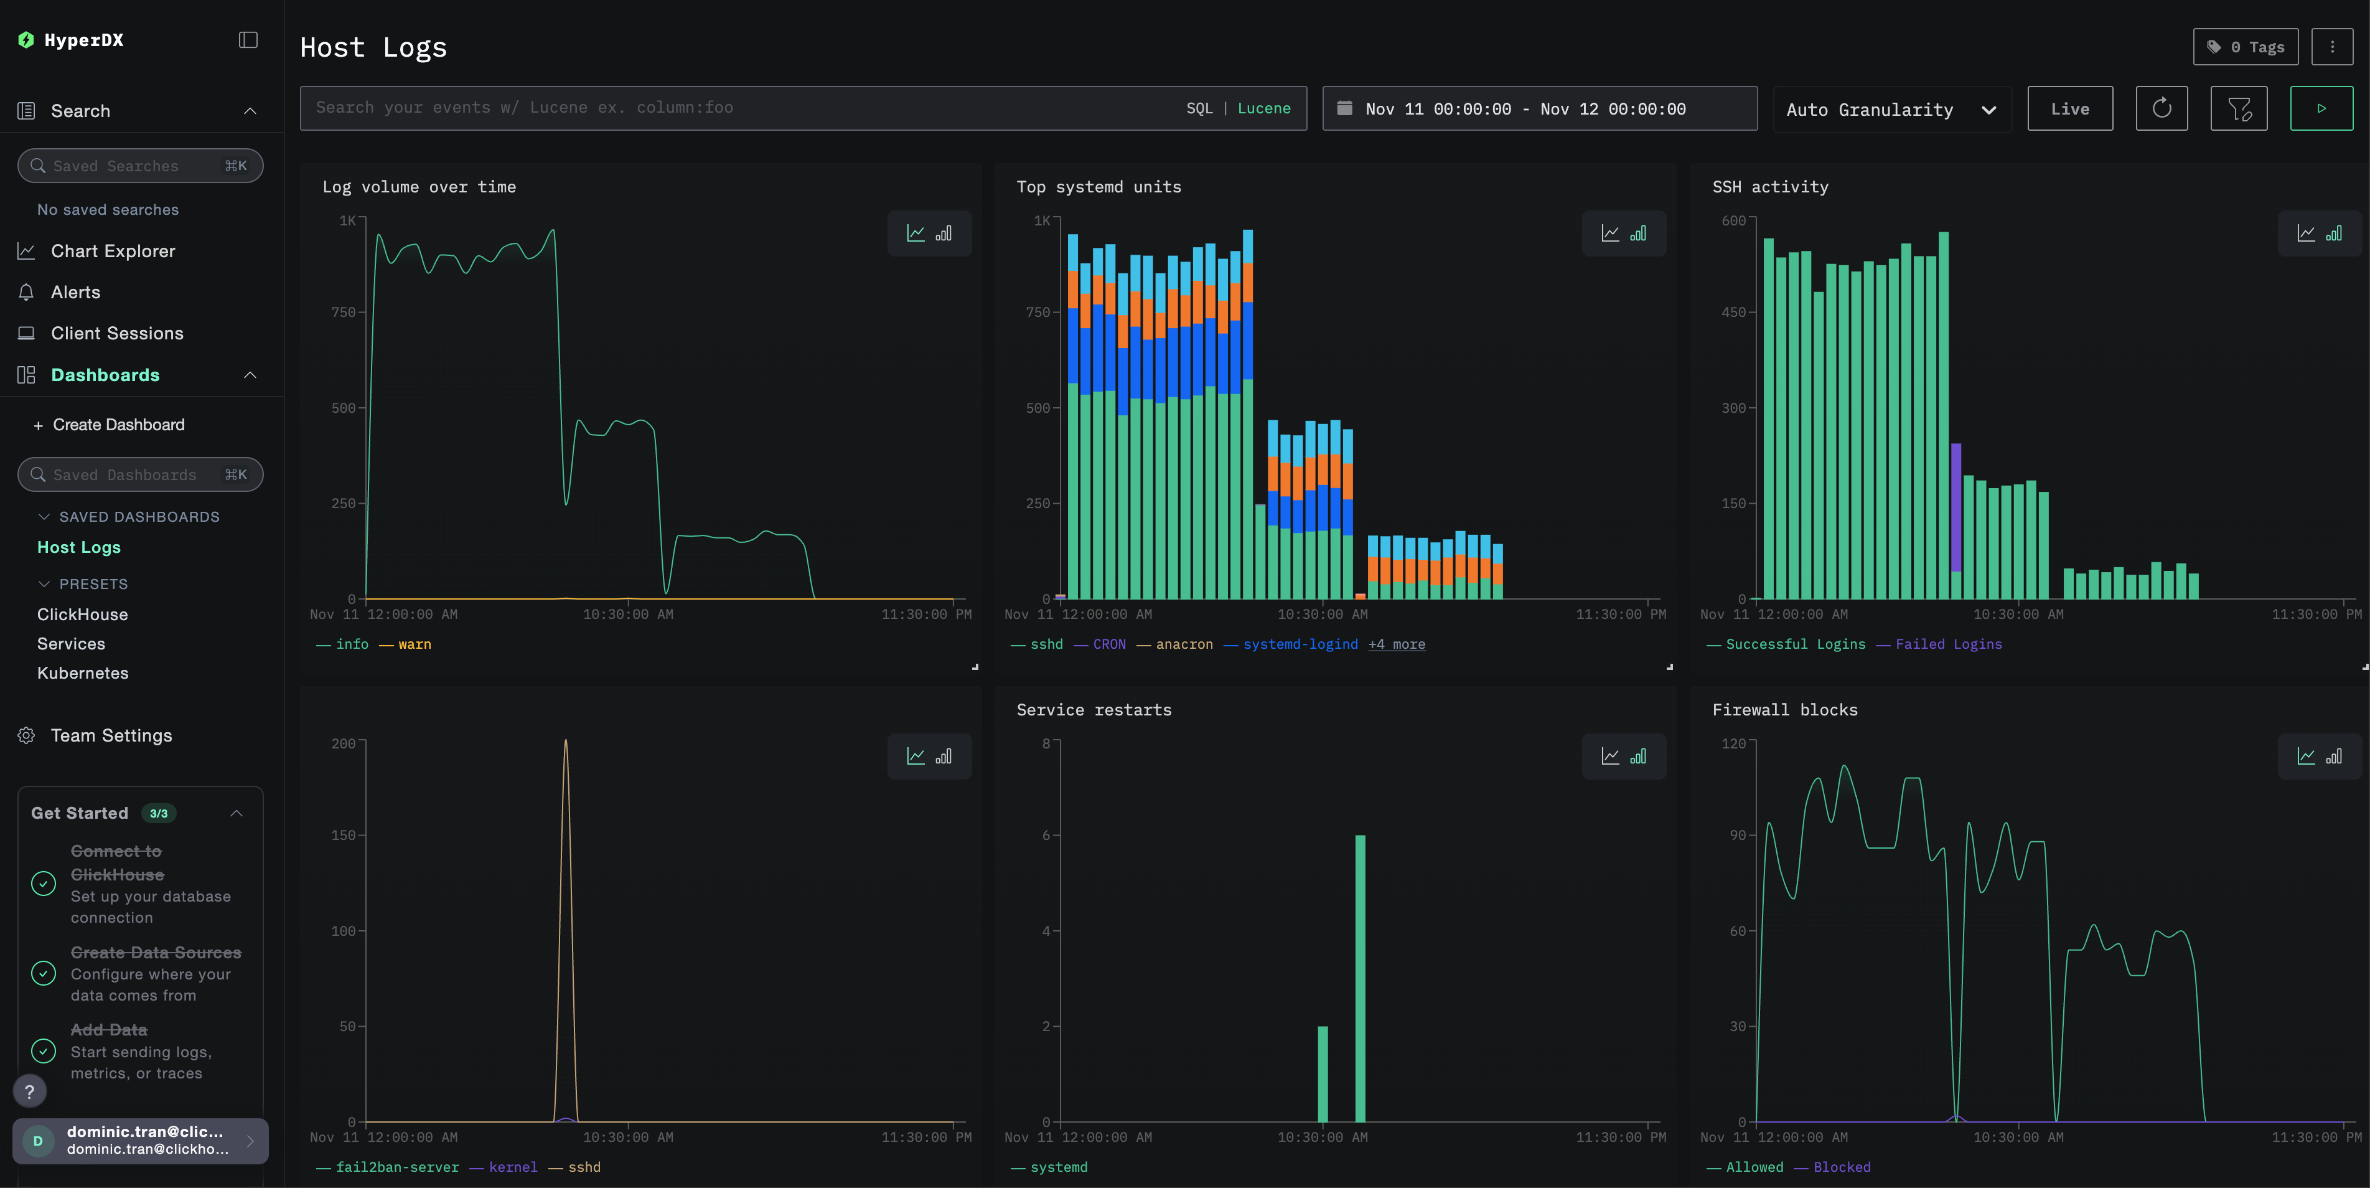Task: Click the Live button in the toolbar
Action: tap(2069, 108)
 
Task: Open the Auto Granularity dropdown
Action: tap(1891, 110)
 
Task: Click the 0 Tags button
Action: tap(2245, 47)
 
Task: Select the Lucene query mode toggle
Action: tap(1263, 108)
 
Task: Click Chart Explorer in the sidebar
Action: tap(112, 251)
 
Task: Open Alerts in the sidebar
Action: tap(75, 293)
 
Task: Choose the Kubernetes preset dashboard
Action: tap(83, 672)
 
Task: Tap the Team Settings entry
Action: tap(111, 735)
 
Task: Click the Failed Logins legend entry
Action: tap(1947, 644)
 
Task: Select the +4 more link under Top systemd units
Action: tap(1396, 644)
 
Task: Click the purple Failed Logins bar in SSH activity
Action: tap(1956, 506)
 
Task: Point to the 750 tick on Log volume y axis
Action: tap(343, 313)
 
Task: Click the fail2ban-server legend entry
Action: tap(396, 1167)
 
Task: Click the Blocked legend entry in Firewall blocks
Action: tap(1841, 1167)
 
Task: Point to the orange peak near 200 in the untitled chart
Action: tap(565, 742)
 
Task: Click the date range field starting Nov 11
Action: tap(1524, 108)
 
